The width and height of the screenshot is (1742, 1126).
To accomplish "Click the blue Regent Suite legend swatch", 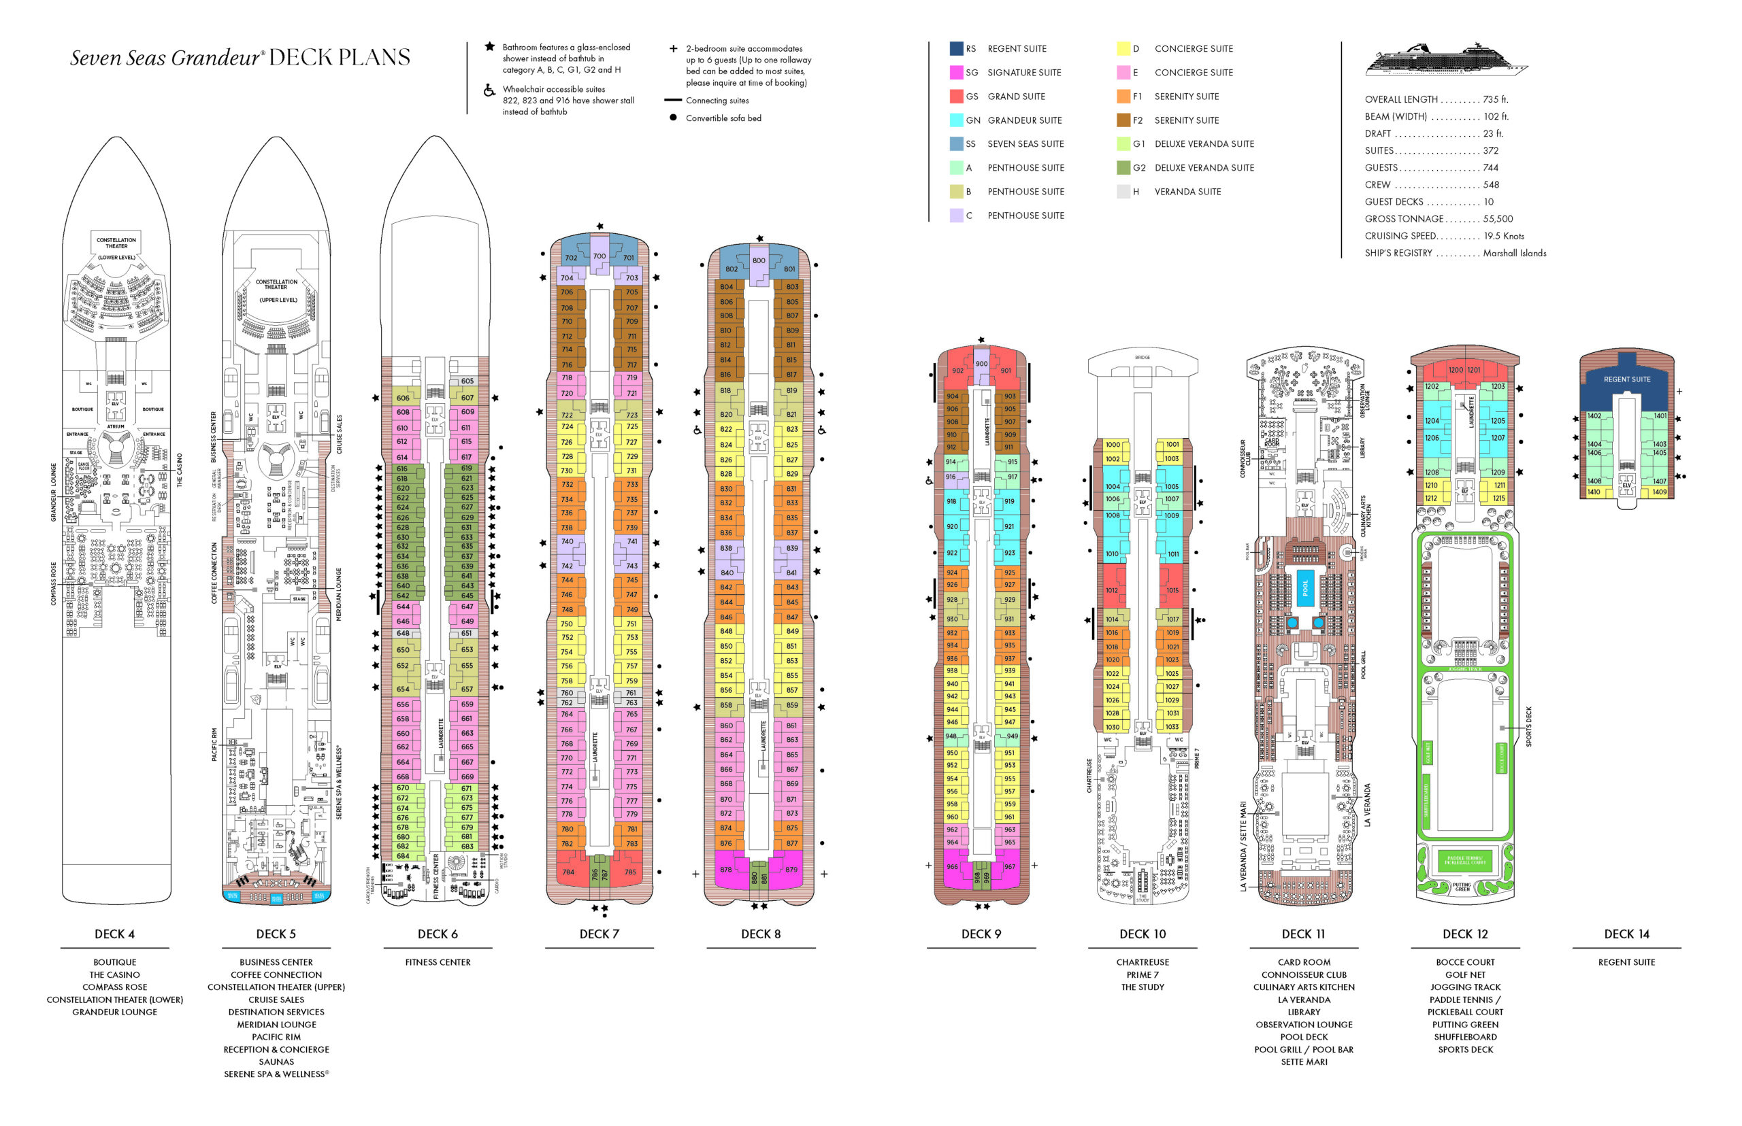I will click(955, 48).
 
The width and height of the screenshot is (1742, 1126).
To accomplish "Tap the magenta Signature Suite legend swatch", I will click(955, 72).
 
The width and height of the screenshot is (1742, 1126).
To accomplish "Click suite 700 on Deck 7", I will click(599, 256).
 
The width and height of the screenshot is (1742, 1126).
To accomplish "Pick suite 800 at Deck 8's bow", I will click(759, 260).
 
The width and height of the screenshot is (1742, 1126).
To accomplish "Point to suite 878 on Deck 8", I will click(726, 870).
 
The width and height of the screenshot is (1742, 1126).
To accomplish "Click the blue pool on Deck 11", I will click(1304, 586).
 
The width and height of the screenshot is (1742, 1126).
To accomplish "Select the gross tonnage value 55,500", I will click(1498, 219).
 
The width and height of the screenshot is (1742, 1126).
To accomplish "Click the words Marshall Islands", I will click(1514, 253).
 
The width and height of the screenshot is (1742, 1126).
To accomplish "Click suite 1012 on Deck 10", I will click(1111, 590).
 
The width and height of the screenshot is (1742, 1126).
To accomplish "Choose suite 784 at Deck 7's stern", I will click(568, 872).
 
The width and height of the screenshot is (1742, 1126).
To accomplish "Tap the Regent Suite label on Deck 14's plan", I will click(1626, 379).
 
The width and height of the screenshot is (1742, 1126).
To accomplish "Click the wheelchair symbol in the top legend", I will click(489, 90).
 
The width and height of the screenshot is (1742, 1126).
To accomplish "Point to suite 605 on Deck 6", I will click(467, 381).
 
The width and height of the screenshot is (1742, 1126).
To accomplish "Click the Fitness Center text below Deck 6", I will click(438, 962).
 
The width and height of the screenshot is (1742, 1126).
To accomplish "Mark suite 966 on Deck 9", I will click(952, 866).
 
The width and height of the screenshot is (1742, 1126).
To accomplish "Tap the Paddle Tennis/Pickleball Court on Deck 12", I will click(1463, 861).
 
